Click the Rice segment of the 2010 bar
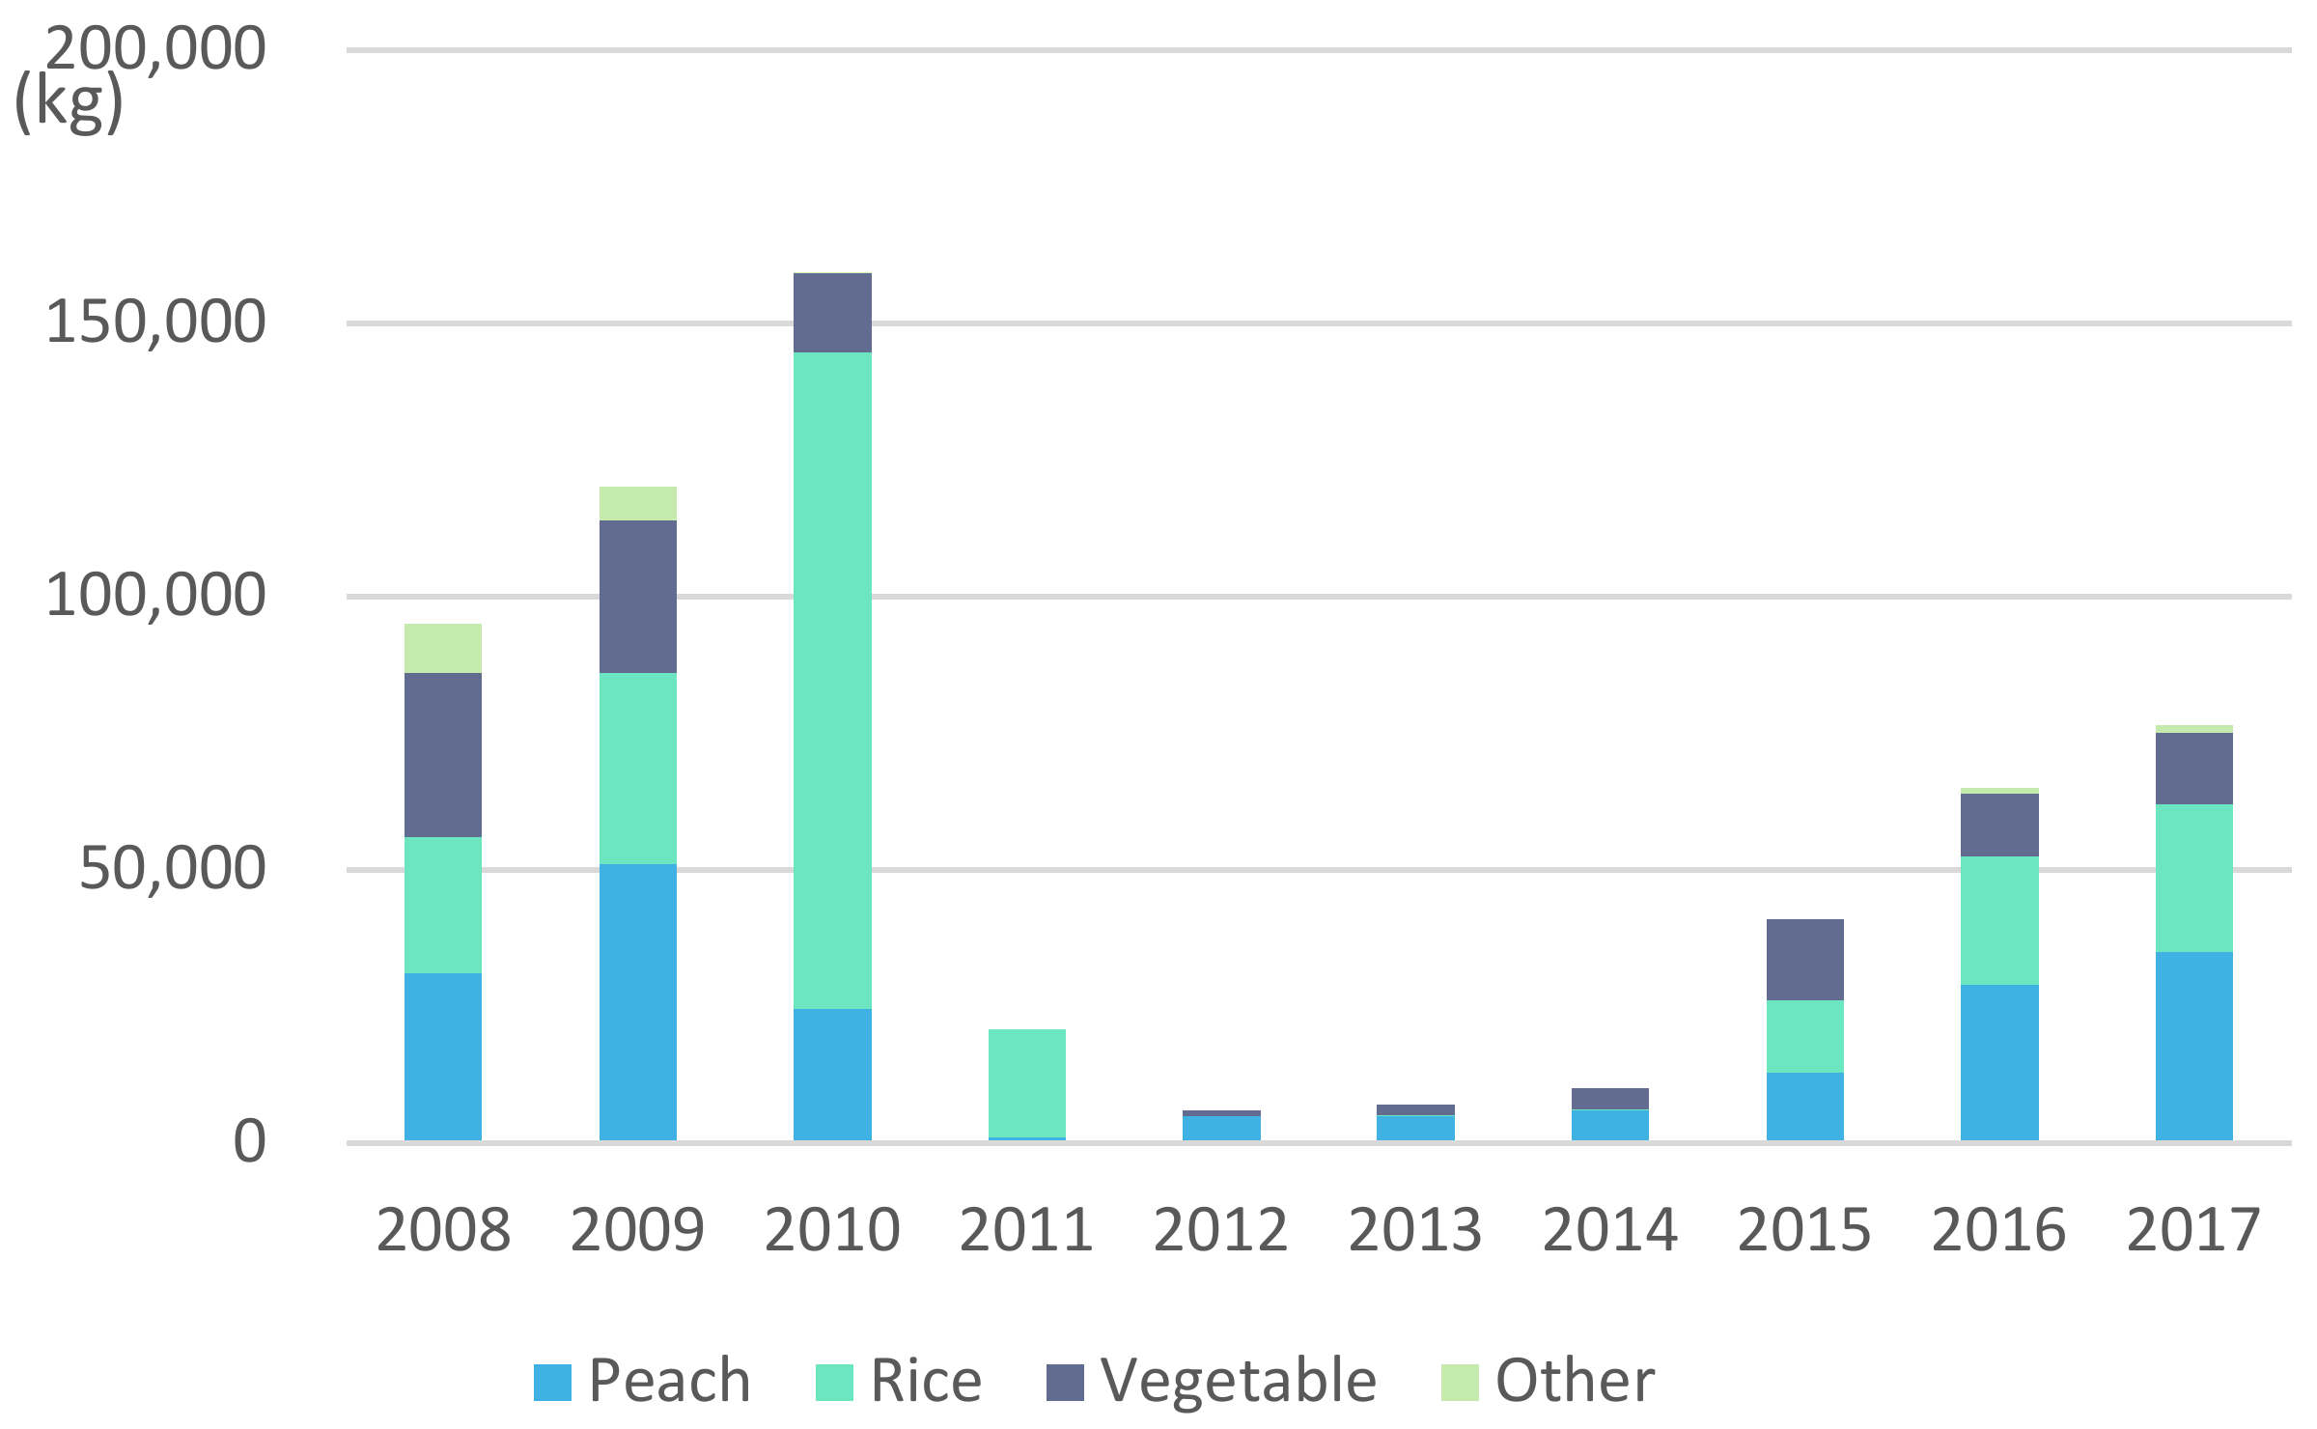832,681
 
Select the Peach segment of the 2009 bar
637,1002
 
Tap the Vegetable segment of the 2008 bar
442,755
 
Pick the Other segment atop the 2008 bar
442,648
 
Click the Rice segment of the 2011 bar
1026,1083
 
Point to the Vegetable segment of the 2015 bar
1804,960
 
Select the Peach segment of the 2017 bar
2193,1047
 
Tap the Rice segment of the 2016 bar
1999,920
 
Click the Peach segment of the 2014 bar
1609,1126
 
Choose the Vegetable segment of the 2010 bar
832,313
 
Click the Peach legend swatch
552,1383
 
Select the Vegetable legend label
1239,1381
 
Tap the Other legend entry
1549,1381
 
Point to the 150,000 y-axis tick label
154,322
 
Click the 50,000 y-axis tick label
172,868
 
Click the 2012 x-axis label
1220,1230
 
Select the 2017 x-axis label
2193,1230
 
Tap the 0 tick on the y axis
249,1142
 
